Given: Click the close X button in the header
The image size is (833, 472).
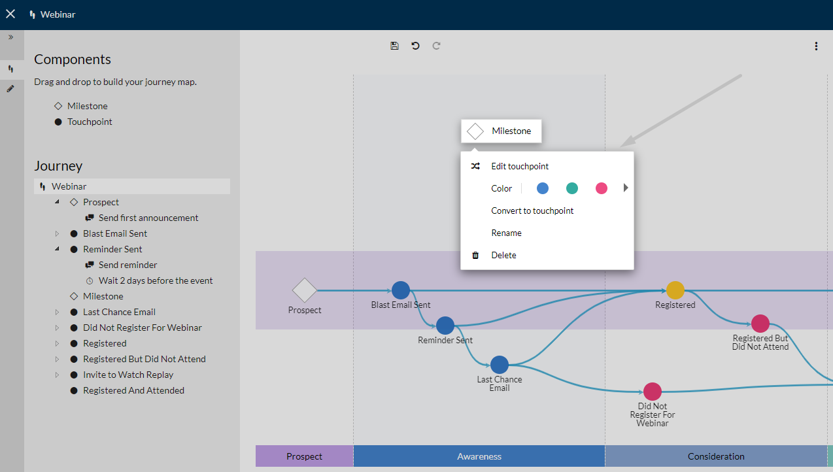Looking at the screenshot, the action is [x=10, y=14].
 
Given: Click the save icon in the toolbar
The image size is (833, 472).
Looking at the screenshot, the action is [x=394, y=46].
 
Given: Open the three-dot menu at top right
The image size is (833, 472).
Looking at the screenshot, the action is [x=816, y=46].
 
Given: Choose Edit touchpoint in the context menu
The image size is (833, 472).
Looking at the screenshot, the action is [x=520, y=166].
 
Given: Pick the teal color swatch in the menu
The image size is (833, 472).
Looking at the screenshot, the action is [x=572, y=188].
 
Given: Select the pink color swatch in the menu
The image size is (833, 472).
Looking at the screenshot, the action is [x=602, y=188].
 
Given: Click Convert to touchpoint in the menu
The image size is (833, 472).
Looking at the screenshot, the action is [x=532, y=211].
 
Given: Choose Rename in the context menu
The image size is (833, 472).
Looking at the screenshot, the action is [x=506, y=233].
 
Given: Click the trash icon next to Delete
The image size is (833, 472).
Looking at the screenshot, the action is [x=475, y=255].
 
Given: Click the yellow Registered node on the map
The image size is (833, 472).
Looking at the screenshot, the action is [x=675, y=290].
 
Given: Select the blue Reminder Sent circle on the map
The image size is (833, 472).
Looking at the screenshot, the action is [x=445, y=326].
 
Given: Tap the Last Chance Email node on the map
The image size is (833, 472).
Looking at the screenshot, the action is [x=500, y=365].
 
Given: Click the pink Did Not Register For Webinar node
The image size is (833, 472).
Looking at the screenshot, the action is [x=653, y=392].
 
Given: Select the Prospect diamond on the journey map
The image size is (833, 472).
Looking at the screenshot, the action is [x=305, y=290].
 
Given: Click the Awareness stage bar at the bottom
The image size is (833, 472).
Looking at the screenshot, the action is [x=479, y=456].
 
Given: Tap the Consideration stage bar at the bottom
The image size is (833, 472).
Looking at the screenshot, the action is [x=716, y=456].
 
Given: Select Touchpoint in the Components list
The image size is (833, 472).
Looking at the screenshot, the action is [x=90, y=122].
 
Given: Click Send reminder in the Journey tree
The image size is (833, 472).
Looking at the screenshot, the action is [x=127, y=265].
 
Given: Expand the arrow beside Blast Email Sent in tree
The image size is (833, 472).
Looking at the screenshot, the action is [x=58, y=233].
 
